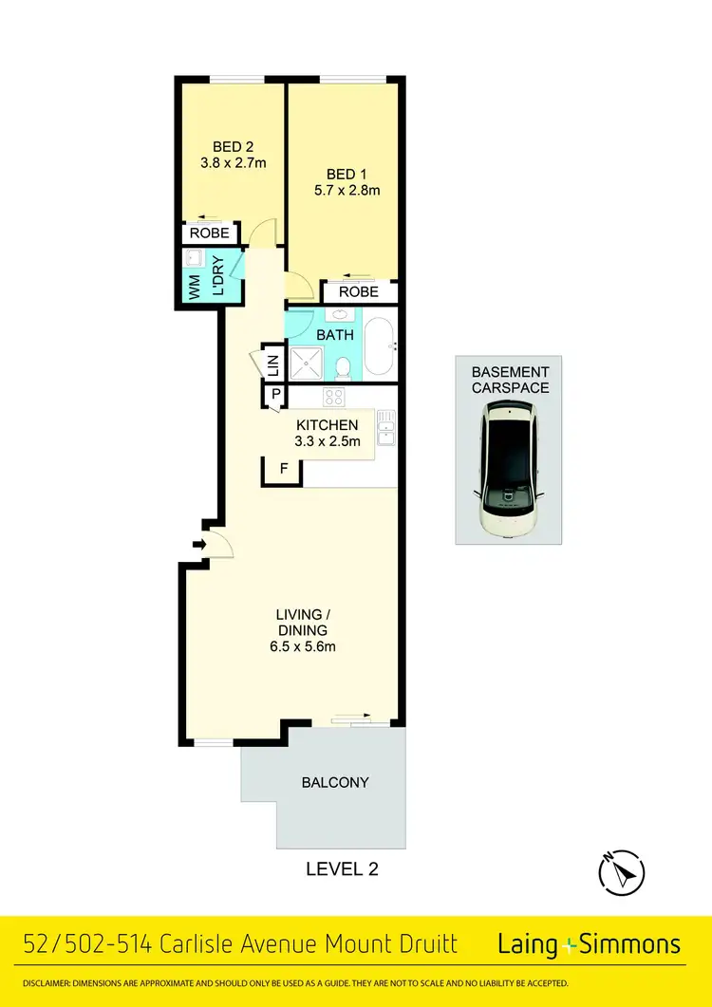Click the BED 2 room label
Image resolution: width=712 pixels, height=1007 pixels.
[x=233, y=146]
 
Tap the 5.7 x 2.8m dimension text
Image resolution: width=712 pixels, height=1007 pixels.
[x=347, y=190]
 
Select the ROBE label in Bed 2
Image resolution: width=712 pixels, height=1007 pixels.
[x=209, y=233]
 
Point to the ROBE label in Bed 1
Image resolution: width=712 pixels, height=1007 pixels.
[x=358, y=292]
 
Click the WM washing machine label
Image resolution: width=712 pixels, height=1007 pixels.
[x=195, y=289]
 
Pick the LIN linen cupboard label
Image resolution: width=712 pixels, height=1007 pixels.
[x=272, y=364]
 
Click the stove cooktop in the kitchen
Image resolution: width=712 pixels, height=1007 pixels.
[x=335, y=397]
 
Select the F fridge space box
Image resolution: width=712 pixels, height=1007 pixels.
[x=282, y=470]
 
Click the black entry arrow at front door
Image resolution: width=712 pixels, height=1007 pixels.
[x=197, y=545]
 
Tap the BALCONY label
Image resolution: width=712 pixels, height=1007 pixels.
[x=334, y=783]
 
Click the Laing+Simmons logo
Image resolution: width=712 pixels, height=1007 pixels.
[x=589, y=944]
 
